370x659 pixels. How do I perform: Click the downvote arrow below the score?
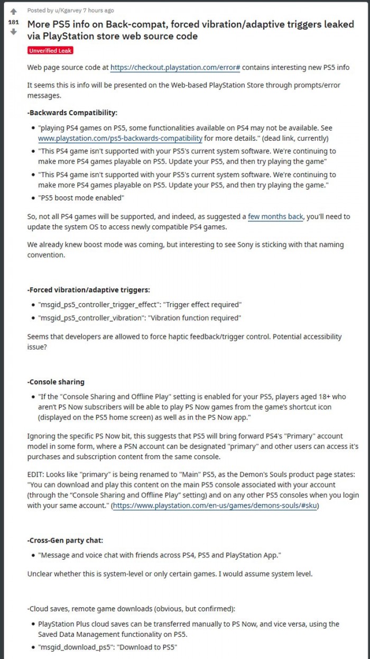point(13,32)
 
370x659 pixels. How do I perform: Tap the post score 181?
point(13,22)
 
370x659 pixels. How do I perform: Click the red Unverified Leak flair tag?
point(50,50)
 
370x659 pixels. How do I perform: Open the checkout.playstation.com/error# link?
point(175,68)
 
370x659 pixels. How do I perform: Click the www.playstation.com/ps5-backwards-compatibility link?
point(120,139)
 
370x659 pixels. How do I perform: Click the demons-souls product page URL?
point(215,506)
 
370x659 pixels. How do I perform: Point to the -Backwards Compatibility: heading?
point(72,113)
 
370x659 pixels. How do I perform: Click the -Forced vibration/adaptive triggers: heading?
point(88,289)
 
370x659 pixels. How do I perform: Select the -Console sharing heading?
point(55,381)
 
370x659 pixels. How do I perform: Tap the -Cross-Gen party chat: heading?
point(65,541)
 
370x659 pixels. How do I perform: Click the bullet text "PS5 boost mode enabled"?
point(81,198)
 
